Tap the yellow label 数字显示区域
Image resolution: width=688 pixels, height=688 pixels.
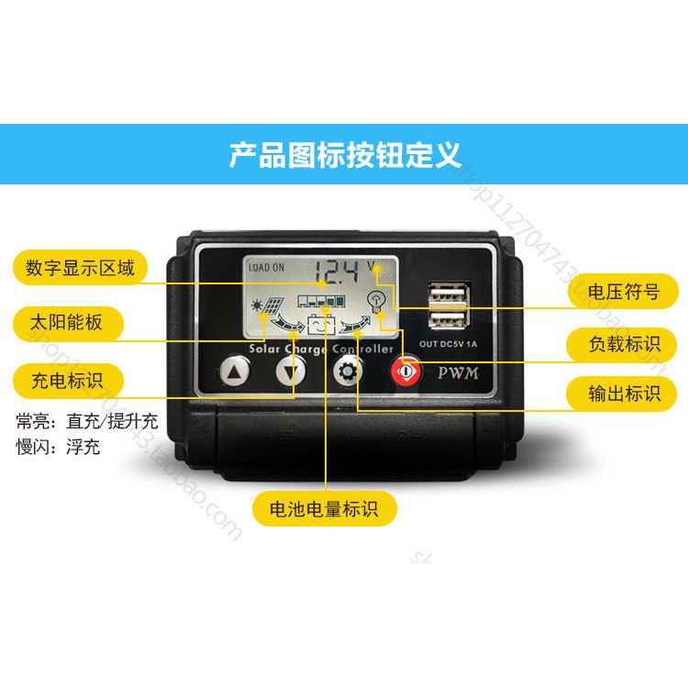(x=81, y=268)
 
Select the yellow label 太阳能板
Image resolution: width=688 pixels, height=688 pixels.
(x=68, y=323)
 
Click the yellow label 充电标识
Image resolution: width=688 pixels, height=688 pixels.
(x=68, y=380)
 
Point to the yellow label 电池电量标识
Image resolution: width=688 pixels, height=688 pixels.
(x=325, y=507)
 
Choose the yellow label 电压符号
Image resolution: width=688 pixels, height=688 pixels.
(x=623, y=293)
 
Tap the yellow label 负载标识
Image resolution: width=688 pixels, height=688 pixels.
(x=624, y=344)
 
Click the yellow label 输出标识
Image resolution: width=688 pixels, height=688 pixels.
(x=624, y=394)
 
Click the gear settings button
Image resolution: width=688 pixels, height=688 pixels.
(x=347, y=372)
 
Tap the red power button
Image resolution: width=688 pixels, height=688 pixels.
(x=404, y=372)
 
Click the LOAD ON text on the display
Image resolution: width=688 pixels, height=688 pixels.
(x=266, y=268)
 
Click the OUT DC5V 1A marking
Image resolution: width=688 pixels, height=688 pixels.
(x=449, y=345)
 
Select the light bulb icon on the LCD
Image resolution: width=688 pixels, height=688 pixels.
(x=374, y=299)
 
